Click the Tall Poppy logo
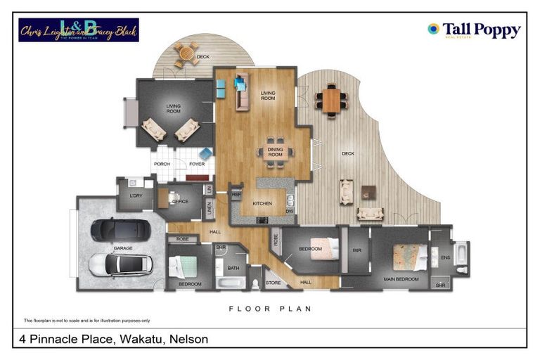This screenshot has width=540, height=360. pyautogui.click(x=474, y=30)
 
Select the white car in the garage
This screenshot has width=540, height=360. pyautogui.click(x=120, y=264)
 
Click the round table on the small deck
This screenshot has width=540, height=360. pyautogui.click(x=186, y=53)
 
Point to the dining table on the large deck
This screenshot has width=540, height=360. pyautogui.click(x=330, y=99)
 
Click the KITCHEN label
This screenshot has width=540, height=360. pyautogui.click(x=262, y=204)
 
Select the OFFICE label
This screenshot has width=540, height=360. pyautogui.click(x=180, y=201)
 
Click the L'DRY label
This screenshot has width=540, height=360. pyautogui.click(x=136, y=196)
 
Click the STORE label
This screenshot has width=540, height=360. pyautogui.click(x=273, y=283)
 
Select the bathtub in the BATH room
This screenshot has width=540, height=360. pyautogui.click(x=231, y=283)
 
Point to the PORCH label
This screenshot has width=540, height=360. pyautogui.click(x=162, y=164)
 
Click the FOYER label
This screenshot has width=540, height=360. pyautogui.click(x=197, y=164)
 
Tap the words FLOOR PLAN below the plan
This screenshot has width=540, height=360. pyautogui.click(x=270, y=308)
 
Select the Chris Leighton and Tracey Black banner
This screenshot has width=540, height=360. pyautogui.click(x=78, y=30)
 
